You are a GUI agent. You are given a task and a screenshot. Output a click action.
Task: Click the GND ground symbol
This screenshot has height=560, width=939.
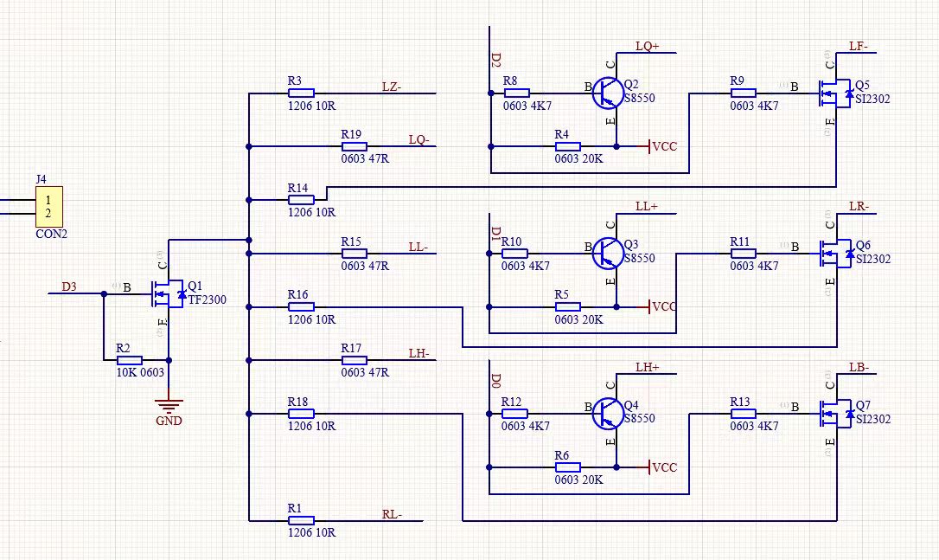pyautogui.click(x=169, y=403)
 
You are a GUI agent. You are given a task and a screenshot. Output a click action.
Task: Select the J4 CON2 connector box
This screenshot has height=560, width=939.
pyautogui.click(x=48, y=207)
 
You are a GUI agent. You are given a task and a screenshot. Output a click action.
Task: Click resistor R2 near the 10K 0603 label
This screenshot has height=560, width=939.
pyautogui.click(x=129, y=358)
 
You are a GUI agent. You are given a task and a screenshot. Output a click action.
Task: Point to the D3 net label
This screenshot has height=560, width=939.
pyautogui.click(x=69, y=286)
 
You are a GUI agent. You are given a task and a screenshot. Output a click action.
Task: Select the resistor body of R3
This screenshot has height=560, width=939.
pyautogui.click(x=300, y=93)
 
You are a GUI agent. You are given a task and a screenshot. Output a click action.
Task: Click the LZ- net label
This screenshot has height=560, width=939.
pyautogui.click(x=392, y=86)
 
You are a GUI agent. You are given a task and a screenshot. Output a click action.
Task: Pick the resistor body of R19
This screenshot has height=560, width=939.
pyautogui.click(x=354, y=146)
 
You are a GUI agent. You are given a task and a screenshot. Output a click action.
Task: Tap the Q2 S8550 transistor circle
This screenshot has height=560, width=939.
pyautogui.click(x=609, y=93)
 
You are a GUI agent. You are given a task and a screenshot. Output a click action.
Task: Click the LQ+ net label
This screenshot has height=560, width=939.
pyautogui.click(x=648, y=46)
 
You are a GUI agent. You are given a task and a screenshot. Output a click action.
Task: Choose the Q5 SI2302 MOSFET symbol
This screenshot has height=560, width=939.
pyautogui.click(x=834, y=93)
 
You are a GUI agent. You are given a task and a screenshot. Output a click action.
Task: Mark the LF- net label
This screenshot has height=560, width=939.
pyautogui.click(x=860, y=46)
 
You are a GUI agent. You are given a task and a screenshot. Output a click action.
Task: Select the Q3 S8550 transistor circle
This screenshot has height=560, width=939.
pyautogui.click(x=609, y=253)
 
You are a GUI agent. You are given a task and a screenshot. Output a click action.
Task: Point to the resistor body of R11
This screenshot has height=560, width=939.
pyautogui.click(x=743, y=253)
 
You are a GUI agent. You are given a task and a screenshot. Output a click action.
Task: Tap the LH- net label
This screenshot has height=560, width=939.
pyautogui.click(x=419, y=353)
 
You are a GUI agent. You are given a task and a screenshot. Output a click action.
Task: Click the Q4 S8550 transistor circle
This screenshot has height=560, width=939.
pyautogui.click(x=609, y=413)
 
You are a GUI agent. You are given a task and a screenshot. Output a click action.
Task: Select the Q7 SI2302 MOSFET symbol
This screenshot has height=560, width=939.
pyautogui.click(x=834, y=413)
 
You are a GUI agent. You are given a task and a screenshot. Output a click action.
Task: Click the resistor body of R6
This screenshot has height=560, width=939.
pyautogui.click(x=566, y=467)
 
